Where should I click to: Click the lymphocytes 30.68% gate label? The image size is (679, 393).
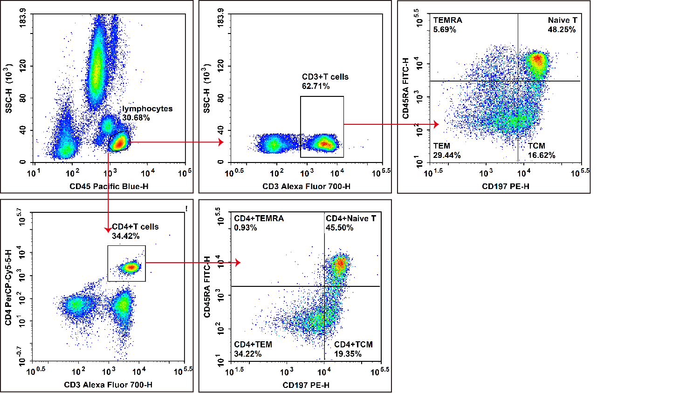147,113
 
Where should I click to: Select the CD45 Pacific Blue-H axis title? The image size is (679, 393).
109,186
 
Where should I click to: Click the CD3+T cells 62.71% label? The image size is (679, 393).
325,81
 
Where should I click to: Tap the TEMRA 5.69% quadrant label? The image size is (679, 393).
447,25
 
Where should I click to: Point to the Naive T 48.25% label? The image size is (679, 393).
562,25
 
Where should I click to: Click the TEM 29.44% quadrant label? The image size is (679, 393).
446,150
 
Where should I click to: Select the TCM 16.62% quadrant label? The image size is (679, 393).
541,150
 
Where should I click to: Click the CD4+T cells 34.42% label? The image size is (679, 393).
135,231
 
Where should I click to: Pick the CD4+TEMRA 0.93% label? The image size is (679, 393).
259,223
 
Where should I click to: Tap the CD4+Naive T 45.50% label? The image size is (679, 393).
350,223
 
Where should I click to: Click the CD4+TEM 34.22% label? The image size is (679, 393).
253,349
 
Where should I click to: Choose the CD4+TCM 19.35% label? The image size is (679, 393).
353,349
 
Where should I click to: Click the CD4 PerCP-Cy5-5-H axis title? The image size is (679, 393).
8,287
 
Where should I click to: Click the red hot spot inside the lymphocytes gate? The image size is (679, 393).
119,143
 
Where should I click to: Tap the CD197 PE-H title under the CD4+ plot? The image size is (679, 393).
306,385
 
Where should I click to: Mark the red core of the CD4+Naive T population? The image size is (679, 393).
340,264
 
